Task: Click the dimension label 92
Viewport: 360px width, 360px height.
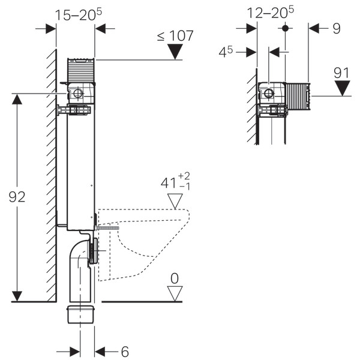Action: tap(17, 197)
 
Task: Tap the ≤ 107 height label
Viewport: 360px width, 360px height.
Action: tap(175, 36)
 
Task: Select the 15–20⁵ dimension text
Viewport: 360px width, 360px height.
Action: tap(79, 14)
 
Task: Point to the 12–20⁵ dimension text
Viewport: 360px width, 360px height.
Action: tap(270, 12)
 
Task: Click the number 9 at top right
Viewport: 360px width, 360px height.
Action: tap(337, 28)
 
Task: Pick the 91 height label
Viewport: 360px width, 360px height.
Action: tap(341, 73)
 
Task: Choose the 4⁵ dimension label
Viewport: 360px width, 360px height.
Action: tap(226, 52)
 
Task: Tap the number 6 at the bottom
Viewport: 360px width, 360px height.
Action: tap(125, 352)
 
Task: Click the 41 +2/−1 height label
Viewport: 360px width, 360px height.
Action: tap(175, 182)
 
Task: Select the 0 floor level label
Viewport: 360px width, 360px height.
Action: tap(175, 278)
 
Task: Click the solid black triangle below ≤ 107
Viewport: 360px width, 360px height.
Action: tap(175, 52)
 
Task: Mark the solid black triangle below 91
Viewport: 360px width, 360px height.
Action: tap(342, 88)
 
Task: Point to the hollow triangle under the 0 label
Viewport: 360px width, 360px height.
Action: tap(175, 293)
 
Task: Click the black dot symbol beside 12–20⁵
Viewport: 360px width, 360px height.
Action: tap(285, 28)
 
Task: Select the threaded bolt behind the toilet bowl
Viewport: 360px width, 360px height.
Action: tap(107, 228)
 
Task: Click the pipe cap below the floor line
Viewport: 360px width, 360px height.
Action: tap(81, 314)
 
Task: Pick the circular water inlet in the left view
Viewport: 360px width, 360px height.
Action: tap(78, 94)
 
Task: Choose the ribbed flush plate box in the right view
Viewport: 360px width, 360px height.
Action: tap(298, 96)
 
